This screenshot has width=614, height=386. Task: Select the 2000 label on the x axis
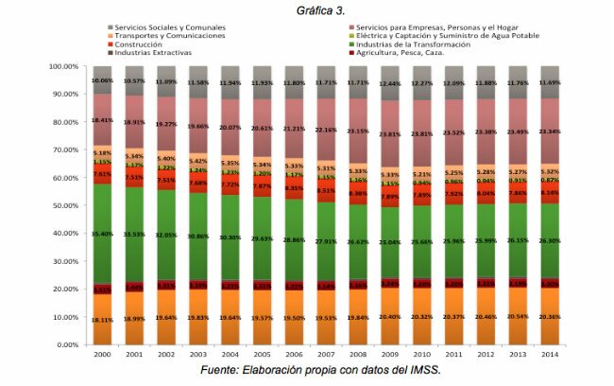(x=101, y=355)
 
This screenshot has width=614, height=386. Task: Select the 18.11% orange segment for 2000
(x=101, y=319)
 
